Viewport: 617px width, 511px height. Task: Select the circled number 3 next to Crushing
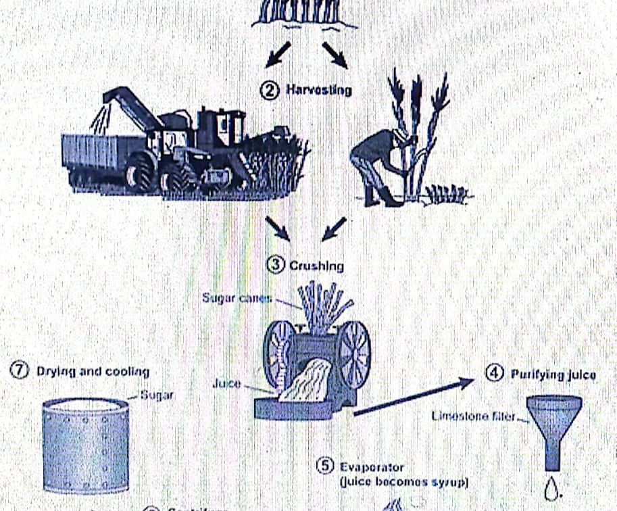click(276, 265)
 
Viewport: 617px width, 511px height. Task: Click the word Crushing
click(316, 266)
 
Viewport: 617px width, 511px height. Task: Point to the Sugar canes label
click(237, 297)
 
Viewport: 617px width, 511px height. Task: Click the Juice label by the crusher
click(226, 383)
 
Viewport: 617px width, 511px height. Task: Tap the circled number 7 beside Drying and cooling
click(19, 371)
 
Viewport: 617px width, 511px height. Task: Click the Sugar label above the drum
click(156, 395)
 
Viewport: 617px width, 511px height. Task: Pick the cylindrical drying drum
click(86, 446)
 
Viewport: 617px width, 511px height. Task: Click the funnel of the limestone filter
click(552, 426)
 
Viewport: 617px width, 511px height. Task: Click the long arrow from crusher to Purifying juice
click(412, 397)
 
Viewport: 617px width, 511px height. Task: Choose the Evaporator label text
click(372, 467)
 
